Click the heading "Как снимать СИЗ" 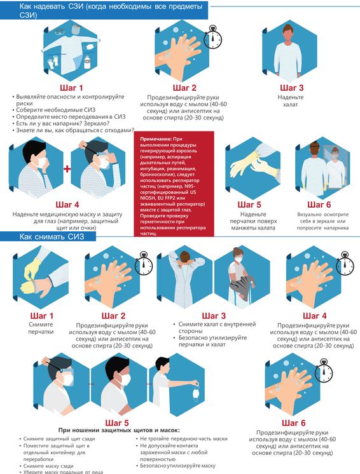tap(52, 236)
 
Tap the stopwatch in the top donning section tap(212, 37)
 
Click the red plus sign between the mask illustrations tap(67, 168)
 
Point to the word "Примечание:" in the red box tap(156, 139)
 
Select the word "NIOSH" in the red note tap(147, 198)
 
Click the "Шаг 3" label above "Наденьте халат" tap(292, 88)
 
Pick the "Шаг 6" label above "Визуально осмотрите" tap(319, 205)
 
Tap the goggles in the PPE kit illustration tap(60, 31)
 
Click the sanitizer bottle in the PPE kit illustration tap(87, 62)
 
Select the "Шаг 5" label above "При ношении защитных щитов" tap(117, 423)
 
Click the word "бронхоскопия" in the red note tap(155, 175)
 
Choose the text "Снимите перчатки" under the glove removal tap(41, 328)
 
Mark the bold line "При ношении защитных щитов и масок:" tap(119, 430)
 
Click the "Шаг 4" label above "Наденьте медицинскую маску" tap(67, 205)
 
